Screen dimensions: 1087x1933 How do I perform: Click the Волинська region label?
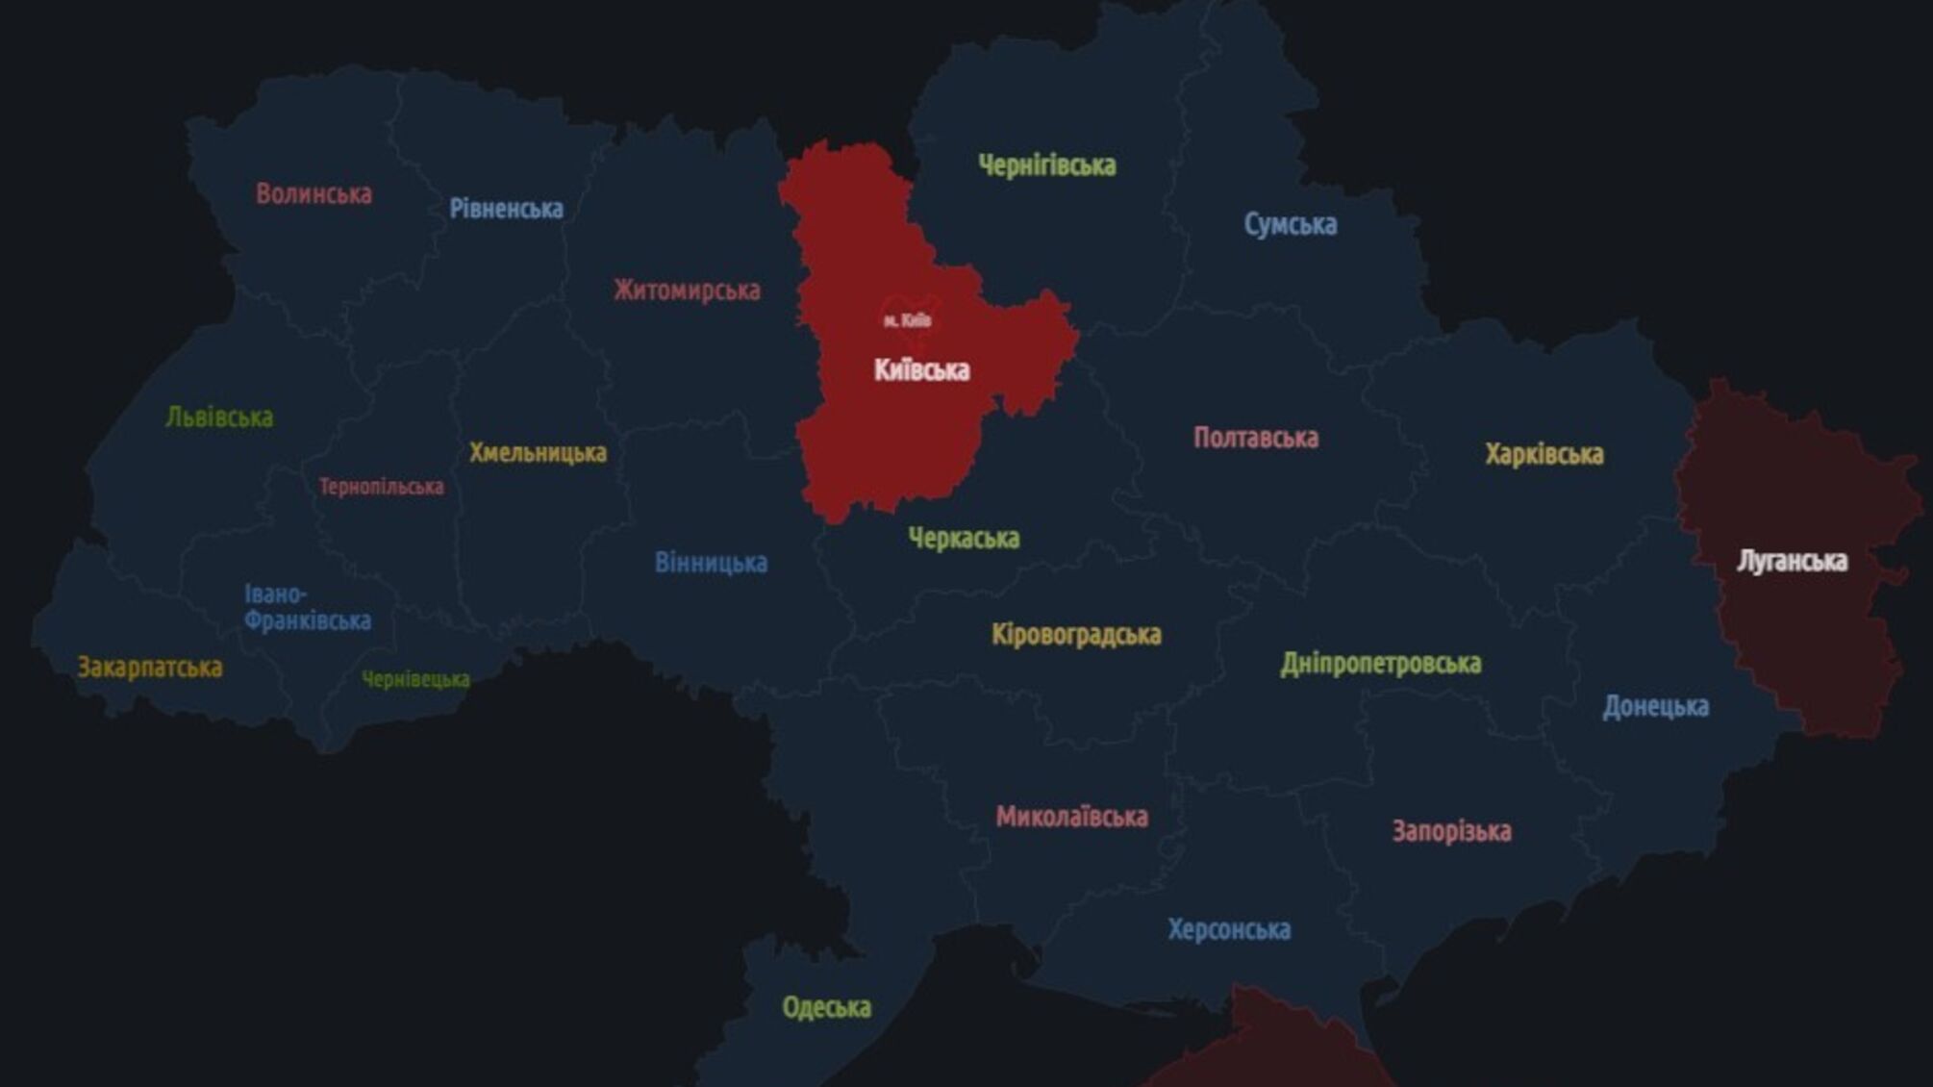click(314, 194)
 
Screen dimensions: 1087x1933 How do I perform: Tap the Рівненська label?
click(506, 209)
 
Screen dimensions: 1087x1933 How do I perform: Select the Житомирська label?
click(687, 291)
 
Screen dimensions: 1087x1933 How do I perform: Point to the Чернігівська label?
click(1046, 165)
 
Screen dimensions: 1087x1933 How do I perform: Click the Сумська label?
click(1290, 224)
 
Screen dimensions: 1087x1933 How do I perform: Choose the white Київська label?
click(921, 370)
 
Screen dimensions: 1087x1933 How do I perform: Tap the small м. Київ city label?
click(907, 319)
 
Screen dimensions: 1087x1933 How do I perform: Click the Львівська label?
click(219, 417)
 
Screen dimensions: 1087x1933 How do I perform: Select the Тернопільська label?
click(381, 487)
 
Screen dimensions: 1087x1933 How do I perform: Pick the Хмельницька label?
click(538, 453)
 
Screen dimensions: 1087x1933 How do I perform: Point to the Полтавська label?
click(1255, 439)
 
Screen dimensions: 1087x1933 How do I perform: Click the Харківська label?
click(1544, 454)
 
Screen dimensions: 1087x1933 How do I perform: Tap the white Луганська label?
click(1792, 561)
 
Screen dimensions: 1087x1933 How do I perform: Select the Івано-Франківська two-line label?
click(307, 608)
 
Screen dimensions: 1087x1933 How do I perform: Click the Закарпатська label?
click(149, 668)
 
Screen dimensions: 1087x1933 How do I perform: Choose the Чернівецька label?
click(415, 680)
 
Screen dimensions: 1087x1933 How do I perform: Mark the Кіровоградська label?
click(1076, 635)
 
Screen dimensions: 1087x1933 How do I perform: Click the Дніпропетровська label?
click(1380, 664)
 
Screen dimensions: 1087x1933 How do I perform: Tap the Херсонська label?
click(1229, 930)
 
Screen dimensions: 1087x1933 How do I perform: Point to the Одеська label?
click(826, 1008)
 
